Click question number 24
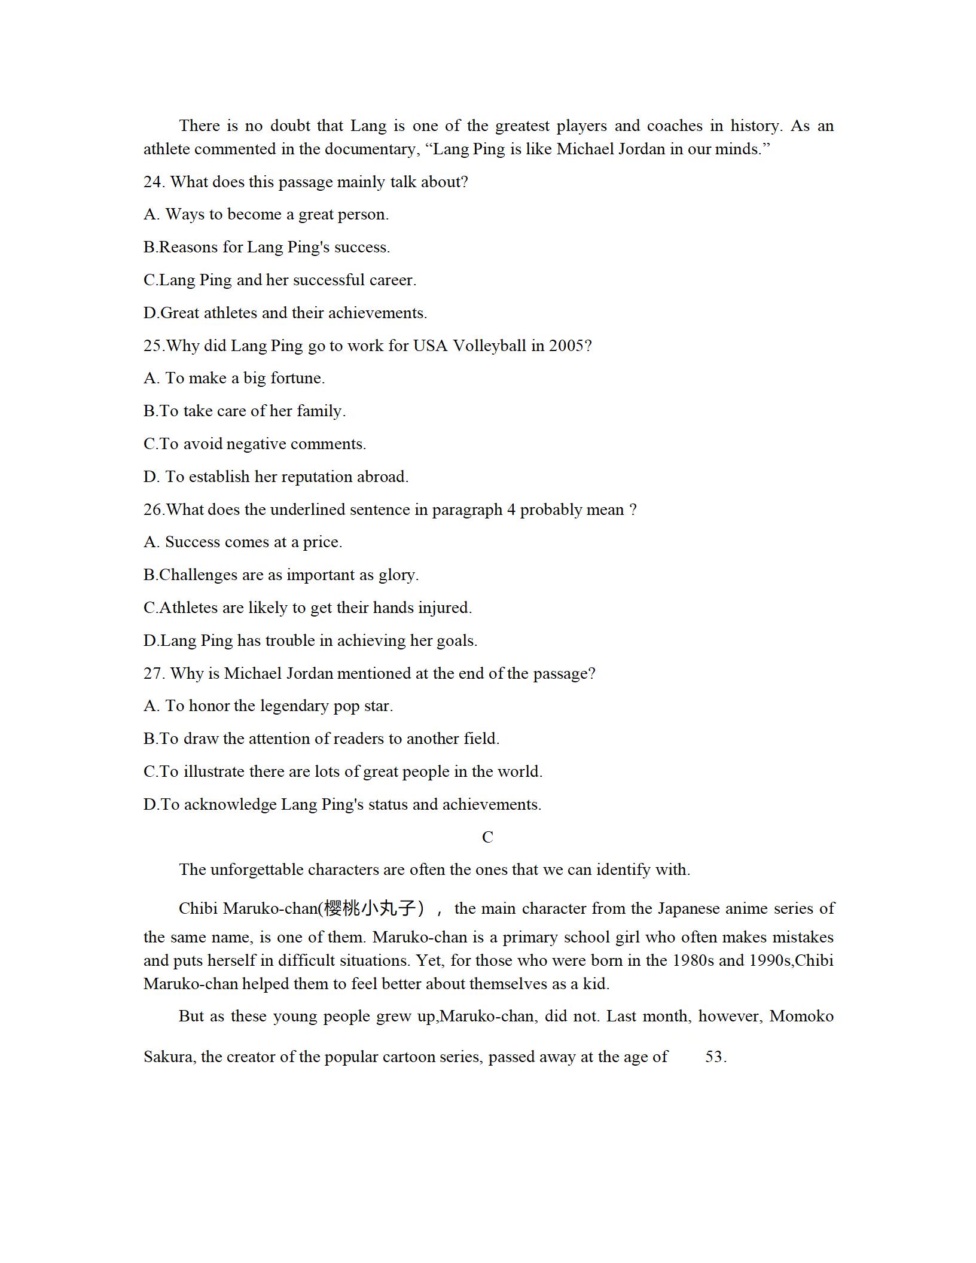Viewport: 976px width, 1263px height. click(x=154, y=182)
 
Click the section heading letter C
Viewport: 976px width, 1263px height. click(x=487, y=837)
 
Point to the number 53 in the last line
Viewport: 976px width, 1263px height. click(x=715, y=1057)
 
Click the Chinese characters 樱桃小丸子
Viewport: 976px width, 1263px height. click(x=369, y=908)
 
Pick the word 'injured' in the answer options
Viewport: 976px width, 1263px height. click(x=444, y=608)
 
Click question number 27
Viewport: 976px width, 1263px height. click(x=154, y=673)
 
